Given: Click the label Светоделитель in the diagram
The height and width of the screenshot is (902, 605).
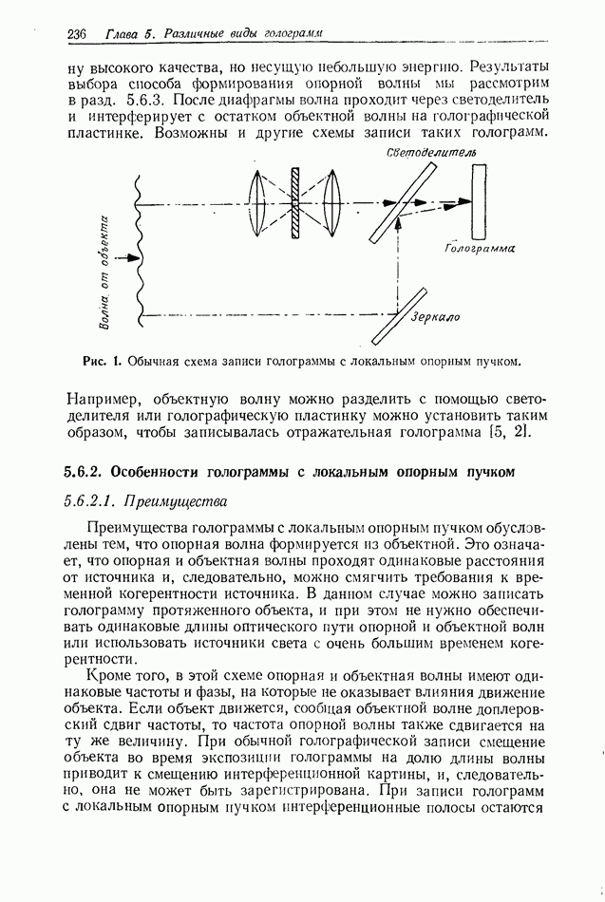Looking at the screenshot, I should tap(432, 153).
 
